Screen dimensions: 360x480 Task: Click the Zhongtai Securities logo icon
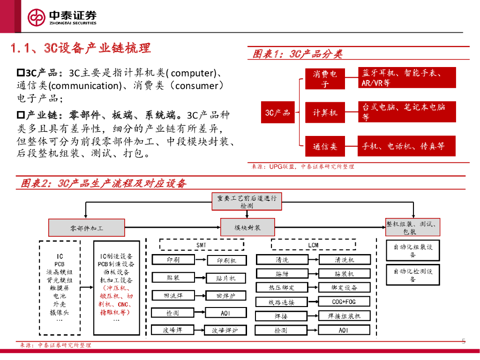tap(36, 17)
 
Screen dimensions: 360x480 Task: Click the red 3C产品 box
tap(277, 112)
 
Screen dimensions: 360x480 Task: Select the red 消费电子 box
tap(325, 78)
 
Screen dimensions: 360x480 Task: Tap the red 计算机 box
tap(325, 112)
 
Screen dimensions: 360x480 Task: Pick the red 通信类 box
tap(325, 147)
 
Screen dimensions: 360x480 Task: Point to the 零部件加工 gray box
tap(87, 228)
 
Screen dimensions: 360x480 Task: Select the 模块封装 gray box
tap(247, 228)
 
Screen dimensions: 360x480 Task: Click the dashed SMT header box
tap(202, 245)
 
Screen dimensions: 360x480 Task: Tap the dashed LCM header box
tap(313, 245)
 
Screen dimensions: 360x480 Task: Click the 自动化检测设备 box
tap(412, 275)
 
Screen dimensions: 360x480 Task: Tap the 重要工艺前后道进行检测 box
tap(247, 202)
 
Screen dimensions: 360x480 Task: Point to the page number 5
tap(464, 341)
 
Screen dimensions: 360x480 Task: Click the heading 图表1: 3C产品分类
tap(297, 54)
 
